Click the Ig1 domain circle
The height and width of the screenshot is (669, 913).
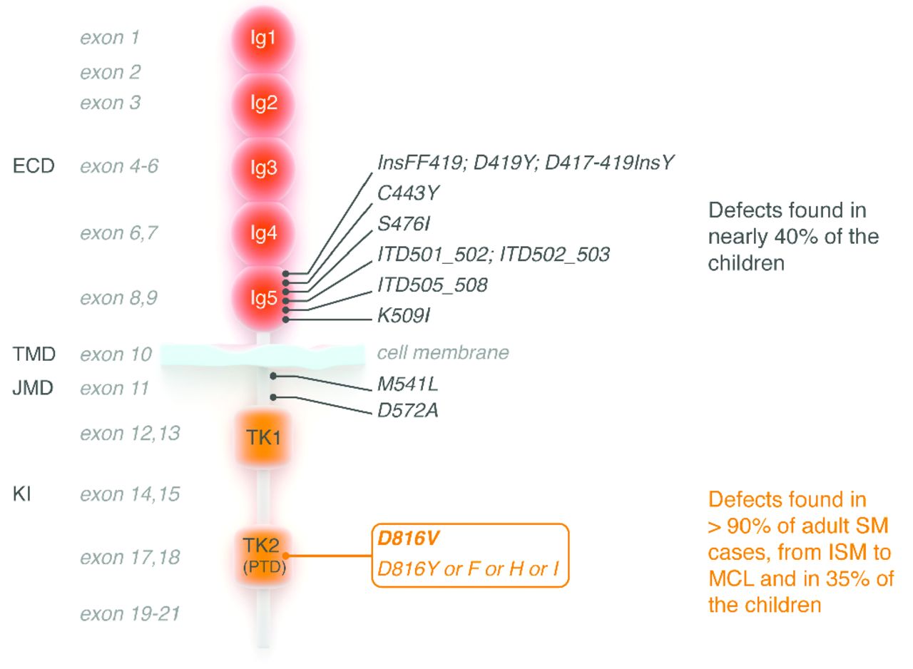tap(262, 39)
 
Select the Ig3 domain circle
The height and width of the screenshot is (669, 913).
tap(262, 168)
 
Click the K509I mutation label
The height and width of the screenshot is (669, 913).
tap(404, 315)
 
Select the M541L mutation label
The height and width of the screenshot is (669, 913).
tap(408, 385)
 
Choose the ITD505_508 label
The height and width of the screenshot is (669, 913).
tap(432, 285)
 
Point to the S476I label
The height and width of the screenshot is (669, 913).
tap(404, 224)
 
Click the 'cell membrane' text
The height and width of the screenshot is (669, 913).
tap(443, 352)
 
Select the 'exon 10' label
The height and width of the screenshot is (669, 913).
tap(116, 354)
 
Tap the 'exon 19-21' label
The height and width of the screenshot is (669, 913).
tap(129, 613)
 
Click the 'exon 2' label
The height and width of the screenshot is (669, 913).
tap(110, 72)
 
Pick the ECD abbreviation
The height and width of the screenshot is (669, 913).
tap(34, 167)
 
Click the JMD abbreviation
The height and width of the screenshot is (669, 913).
tap(33, 389)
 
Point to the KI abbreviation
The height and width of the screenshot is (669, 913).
tap(23, 494)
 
